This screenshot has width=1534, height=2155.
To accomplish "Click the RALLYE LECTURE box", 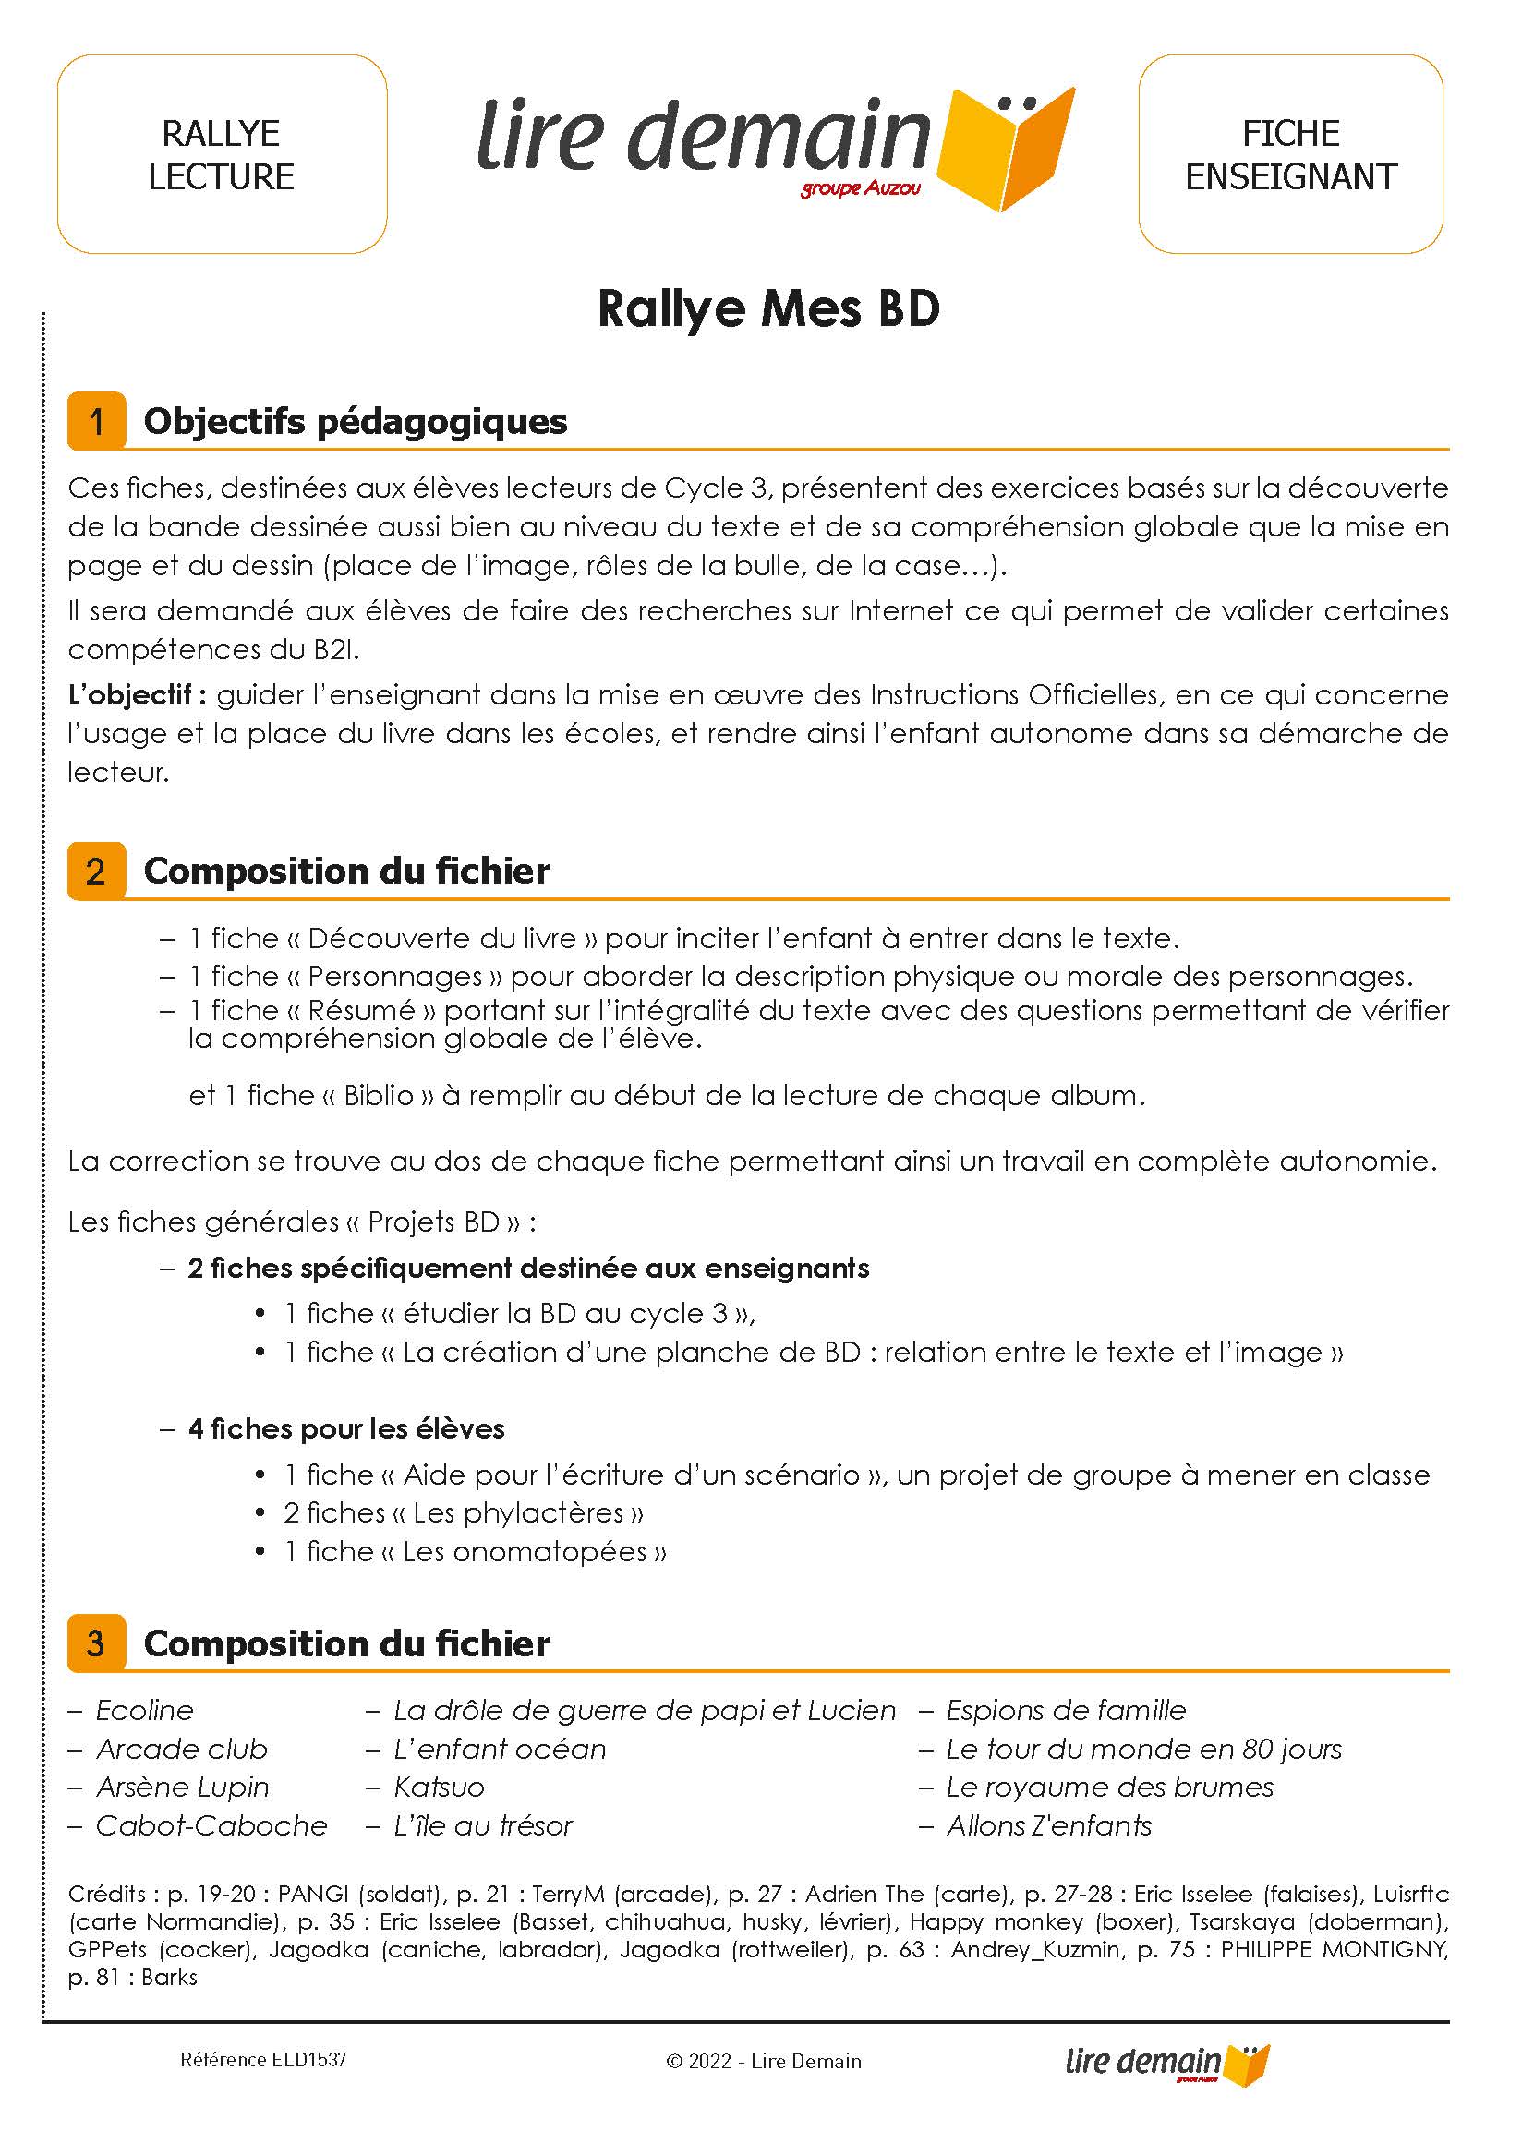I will pyautogui.click(x=222, y=155).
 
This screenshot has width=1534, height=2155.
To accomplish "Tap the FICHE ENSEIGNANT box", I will pyautogui.click(x=1290, y=155).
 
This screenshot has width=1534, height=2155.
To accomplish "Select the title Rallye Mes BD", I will pyautogui.click(x=769, y=308).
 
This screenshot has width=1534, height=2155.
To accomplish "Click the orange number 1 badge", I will pyautogui.click(x=96, y=421).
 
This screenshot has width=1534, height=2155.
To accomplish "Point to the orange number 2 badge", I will pyautogui.click(x=96, y=871).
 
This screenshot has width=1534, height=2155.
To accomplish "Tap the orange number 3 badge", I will pyautogui.click(x=96, y=1644).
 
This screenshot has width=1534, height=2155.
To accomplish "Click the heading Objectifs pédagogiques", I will pyautogui.click(x=356, y=421).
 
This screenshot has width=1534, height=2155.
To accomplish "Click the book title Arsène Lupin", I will pyautogui.click(x=182, y=1788).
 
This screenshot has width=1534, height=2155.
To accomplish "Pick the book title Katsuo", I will pyautogui.click(x=439, y=1788).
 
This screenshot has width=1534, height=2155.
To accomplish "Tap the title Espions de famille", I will pyautogui.click(x=1066, y=1710).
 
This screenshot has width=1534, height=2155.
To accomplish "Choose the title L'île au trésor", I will pyautogui.click(x=483, y=1826).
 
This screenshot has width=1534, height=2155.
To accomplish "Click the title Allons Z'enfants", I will pyautogui.click(x=1048, y=1826).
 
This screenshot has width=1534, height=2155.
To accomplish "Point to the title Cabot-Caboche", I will pyautogui.click(x=211, y=1826).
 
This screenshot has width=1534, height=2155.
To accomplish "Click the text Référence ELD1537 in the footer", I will pyautogui.click(x=263, y=2060).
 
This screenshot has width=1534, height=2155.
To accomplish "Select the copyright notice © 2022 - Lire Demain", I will pyautogui.click(x=764, y=2062).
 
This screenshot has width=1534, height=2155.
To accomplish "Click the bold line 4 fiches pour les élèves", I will pyautogui.click(x=345, y=1428).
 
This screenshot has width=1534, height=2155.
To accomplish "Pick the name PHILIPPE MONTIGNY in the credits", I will pyautogui.click(x=1334, y=1949).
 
